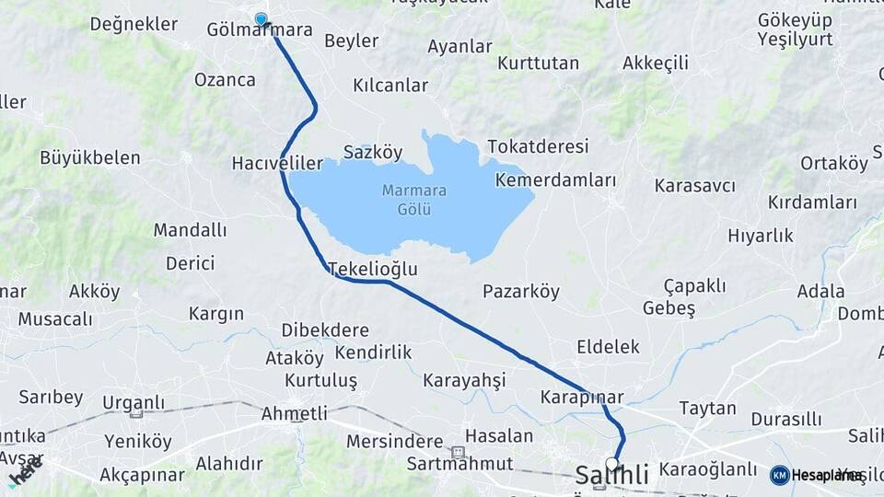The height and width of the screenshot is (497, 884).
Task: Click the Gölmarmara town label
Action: coord(260,30)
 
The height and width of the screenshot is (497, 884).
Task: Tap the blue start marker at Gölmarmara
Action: coord(261,19)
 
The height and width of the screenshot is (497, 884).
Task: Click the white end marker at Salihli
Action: coord(612,463)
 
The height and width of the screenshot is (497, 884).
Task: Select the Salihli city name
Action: coord(612,476)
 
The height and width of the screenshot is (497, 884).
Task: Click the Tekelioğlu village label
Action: coord(373,269)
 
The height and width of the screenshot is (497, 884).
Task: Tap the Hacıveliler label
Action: coord(277,164)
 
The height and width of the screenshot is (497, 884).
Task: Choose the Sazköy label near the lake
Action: coord(373,153)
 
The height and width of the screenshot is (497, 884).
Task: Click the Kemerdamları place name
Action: coord(555,180)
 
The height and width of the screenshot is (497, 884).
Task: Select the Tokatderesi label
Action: coord(538,147)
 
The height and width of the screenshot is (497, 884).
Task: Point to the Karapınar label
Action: coord(582,398)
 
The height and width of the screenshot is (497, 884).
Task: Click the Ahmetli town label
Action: coord(295,414)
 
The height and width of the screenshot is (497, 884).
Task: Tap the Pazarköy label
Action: coord(521,292)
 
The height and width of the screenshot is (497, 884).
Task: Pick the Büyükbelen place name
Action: coord(90,157)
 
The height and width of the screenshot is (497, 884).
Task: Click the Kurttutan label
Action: coord(538,64)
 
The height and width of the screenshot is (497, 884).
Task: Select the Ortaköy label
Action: coord(834,164)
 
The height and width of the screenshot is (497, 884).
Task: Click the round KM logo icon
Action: coord(780,475)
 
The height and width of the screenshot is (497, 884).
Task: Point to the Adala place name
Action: coord(796,292)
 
